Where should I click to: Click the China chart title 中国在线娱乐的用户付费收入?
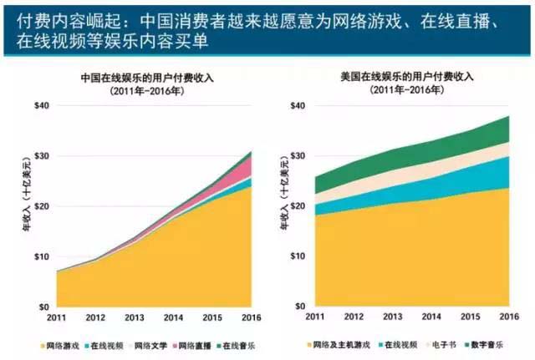point(146,77)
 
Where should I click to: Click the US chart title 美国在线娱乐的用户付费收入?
point(406,77)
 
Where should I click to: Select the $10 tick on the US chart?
point(297,257)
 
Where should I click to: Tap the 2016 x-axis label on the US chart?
point(508,318)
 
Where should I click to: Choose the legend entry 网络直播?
point(189,344)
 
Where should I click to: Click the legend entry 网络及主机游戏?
point(342,344)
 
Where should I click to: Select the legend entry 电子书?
point(441,344)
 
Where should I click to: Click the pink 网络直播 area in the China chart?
point(246,171)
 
